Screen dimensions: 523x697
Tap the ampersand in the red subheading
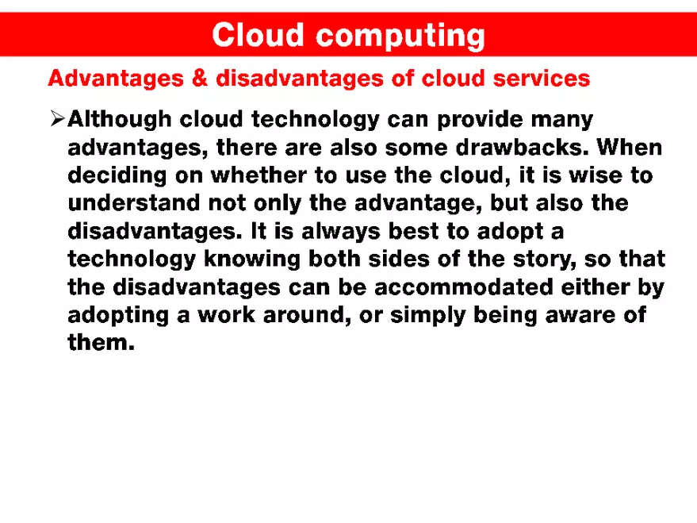pyautogui.click(x=201, y=79)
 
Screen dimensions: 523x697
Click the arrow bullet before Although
pyautogui.click(x=56, y=120)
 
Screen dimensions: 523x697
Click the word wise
pyautogui.click(x=584, y=175)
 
